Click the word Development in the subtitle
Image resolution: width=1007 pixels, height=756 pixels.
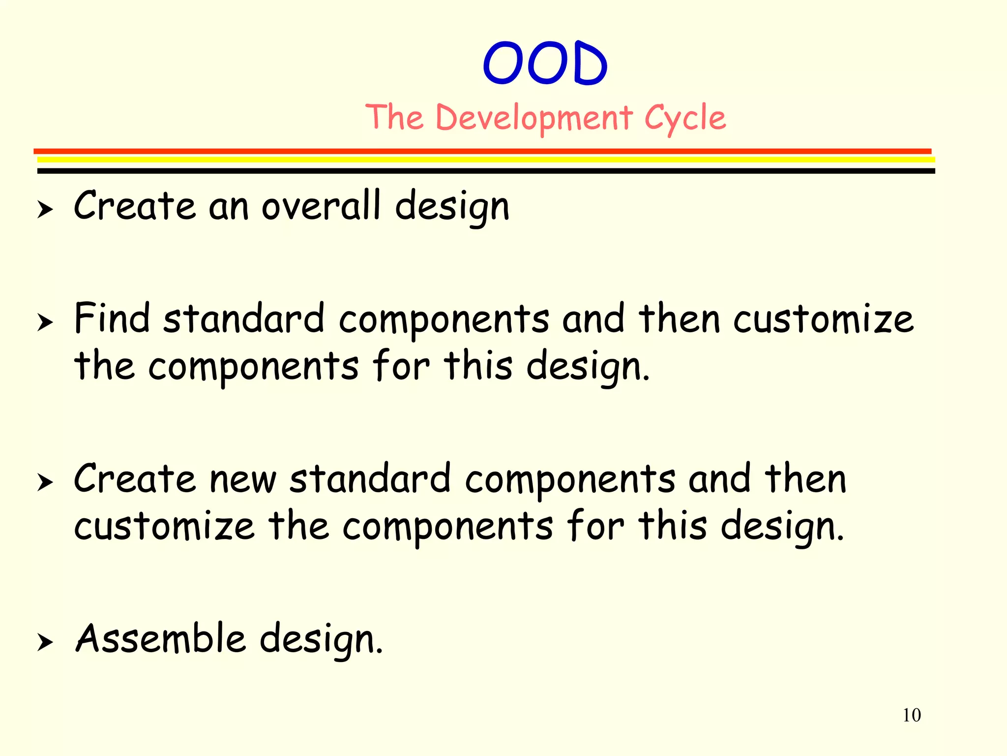tap(534, 118)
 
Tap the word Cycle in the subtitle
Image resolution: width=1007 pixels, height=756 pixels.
tap(684, 118)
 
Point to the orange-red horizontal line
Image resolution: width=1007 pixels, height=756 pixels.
tap(482, 151)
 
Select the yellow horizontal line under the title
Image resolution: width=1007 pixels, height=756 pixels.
tap(486, 159)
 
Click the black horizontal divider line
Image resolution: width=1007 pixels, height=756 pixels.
tap(486, 171)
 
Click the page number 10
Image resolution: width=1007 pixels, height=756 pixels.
tap(911, 715)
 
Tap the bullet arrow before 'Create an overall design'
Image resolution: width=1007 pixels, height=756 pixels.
tap(45, 210)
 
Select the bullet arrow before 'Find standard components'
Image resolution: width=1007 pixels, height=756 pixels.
tap(45, 323)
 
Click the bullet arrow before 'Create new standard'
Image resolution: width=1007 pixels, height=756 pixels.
tap(45, 483)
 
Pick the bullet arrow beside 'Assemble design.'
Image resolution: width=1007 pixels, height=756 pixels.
tap(45, 642)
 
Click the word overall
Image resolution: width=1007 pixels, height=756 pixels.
tap(321, 206)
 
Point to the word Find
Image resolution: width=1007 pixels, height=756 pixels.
tap(112, 318)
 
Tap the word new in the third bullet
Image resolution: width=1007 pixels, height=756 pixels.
tap(243, 480)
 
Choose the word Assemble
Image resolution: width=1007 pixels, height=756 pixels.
tap(160, 639)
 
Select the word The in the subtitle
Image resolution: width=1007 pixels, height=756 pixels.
tap(395, 118)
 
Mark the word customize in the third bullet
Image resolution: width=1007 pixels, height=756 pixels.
tap(164, 527)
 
